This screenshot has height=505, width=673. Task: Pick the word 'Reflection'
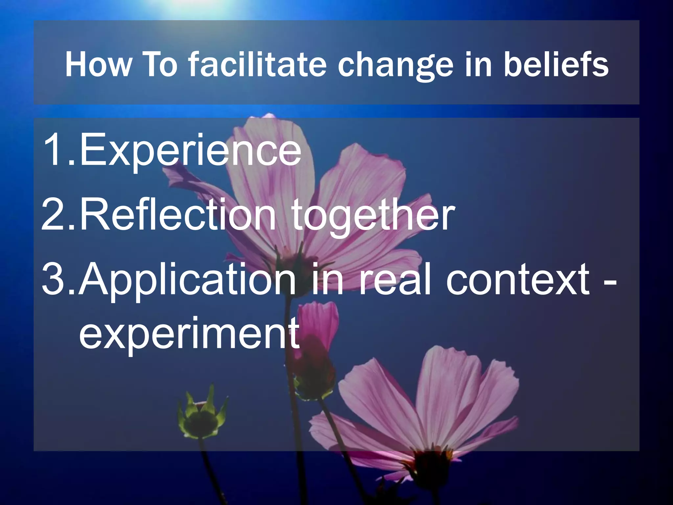(177, 215)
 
